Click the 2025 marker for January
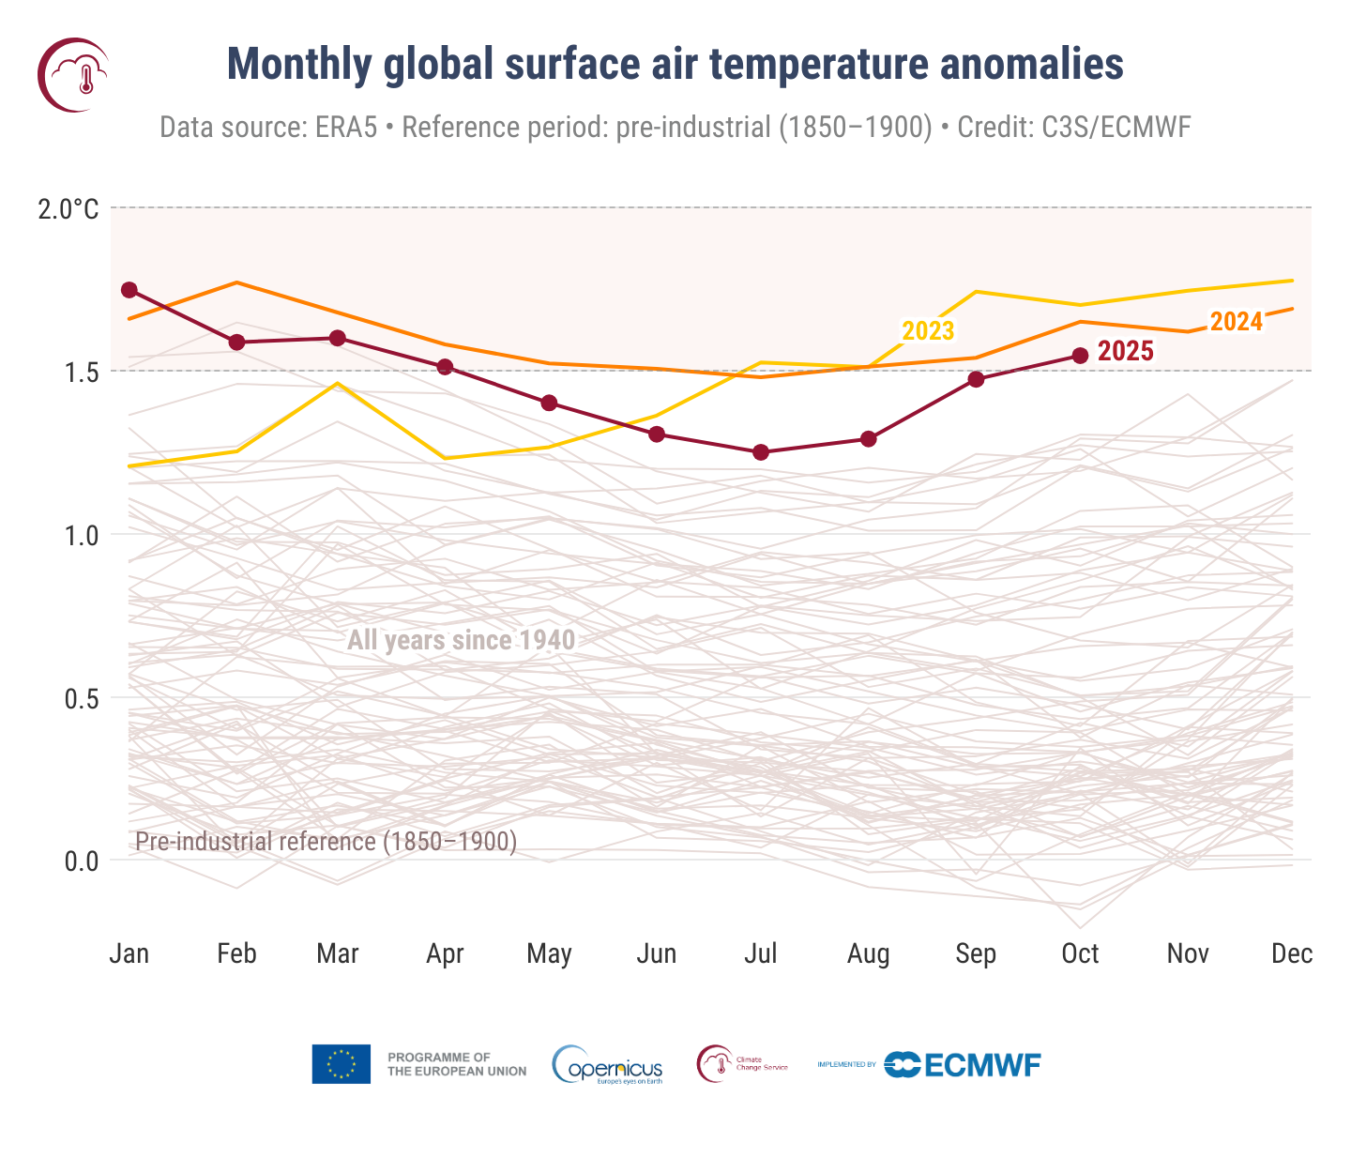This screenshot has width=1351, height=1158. [x=129, y=290]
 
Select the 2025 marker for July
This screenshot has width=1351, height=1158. [x=761, y=452]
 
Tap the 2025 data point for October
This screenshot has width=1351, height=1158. [x=1080, y=356]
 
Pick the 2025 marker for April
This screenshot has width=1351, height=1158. [x=445, y=367]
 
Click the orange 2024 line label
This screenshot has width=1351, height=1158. [x=1236, y=322]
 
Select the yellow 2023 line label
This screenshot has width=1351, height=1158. [x=927, y=331]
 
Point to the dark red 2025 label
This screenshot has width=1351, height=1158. [x=1125, y=352]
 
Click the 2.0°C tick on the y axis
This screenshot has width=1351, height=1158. [x=68, y=208]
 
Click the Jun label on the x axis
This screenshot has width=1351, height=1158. [x=656, y=954]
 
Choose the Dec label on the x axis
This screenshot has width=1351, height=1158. [x=1291, y=954]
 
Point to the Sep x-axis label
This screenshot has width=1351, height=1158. [x=975, y=954]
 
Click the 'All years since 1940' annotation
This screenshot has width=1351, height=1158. [x=461, y=641]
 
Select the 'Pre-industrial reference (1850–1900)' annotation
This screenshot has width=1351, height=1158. [x=326, y=842]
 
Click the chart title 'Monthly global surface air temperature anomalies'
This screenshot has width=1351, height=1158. [x=675, y=65]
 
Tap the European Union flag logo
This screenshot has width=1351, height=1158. [x=341, y=1064]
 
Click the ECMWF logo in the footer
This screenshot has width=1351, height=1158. [x=962, y=1065]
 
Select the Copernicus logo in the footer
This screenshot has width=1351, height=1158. [x=608, y=1065]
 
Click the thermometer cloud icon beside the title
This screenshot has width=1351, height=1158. [x=73, y=75]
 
